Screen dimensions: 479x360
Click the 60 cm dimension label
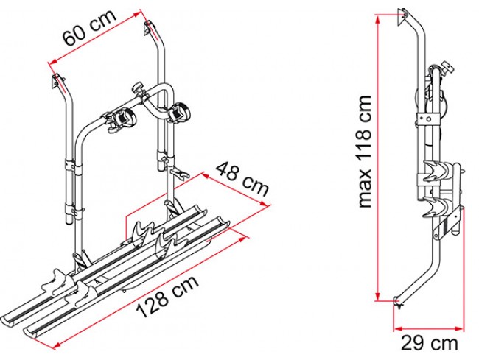click(x=89, y=27)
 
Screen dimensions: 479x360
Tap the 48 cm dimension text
click(x=242, y=179)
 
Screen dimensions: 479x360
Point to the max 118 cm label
click(x=365, y=152)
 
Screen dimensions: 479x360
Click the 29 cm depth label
click(x=429, y=344)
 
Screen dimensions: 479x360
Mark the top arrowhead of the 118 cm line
click(x=378, y=19)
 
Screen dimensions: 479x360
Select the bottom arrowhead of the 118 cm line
click(x=378, y=296)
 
